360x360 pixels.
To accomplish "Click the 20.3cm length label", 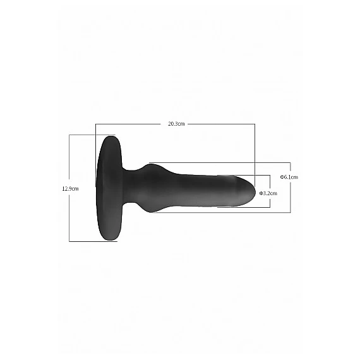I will [176, 124].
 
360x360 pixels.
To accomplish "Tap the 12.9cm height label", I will [70, 188].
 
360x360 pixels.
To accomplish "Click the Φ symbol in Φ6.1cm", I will [282, 177].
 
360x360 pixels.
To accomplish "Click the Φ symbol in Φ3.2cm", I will [260, 193].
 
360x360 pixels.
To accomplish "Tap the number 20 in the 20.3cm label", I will [172, 124].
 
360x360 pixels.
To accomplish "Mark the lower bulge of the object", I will [152, 211].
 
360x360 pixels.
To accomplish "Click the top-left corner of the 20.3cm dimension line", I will [95, 124].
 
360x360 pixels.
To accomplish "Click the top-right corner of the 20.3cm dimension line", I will [255, 124].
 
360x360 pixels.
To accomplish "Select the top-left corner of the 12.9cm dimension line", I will [69, 135].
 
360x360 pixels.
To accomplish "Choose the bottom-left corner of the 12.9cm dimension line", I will [69, 241].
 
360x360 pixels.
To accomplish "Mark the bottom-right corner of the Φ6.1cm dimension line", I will [290, 212].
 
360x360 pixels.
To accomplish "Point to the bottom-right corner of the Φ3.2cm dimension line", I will [270, 207].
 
